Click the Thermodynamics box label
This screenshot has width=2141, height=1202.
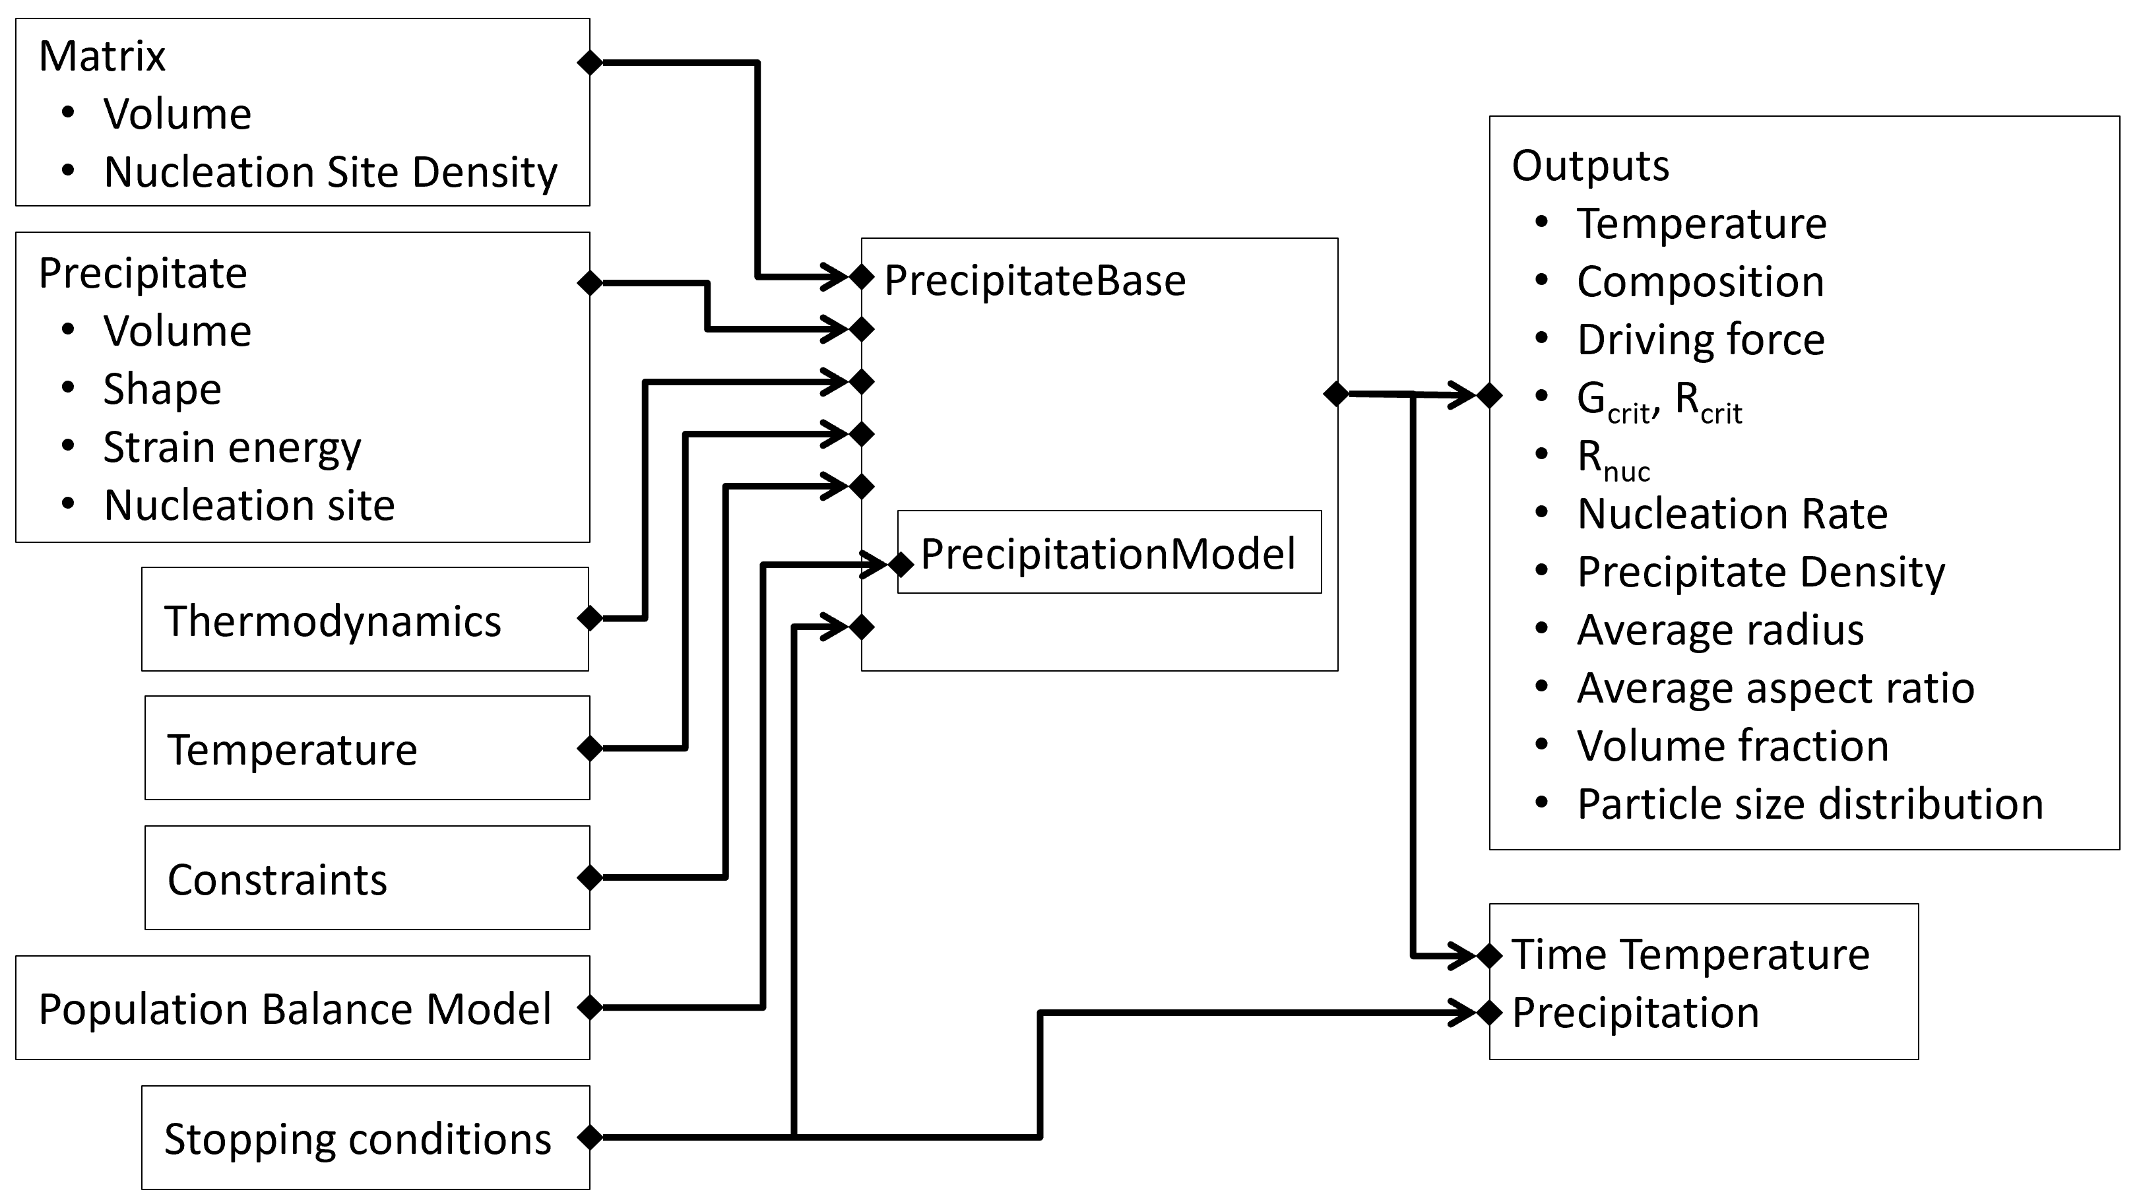[333, 621]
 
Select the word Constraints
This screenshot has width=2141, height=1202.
[276, 879]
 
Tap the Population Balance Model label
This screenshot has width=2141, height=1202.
[294, 1009]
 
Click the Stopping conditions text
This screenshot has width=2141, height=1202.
[358, 1139]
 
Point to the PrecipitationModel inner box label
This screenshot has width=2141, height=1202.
[1108, 554]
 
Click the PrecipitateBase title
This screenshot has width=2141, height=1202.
[1035, 280]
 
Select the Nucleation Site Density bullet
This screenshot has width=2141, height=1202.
[330, 172]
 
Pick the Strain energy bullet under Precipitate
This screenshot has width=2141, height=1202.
[232, 447]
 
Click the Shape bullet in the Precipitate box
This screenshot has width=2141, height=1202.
[162, 389]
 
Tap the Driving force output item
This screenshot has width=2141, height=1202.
[1700, 340]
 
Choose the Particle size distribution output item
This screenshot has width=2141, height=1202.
[1809, 804]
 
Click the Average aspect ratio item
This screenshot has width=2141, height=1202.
[1775, 688]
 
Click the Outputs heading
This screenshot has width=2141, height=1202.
[1590, 166]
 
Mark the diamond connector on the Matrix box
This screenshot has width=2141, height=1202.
[589, 63]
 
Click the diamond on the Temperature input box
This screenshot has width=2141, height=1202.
[589, 748]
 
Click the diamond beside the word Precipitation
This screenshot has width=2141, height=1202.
[1489, 1013]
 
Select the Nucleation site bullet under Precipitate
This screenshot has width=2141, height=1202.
[249, 505]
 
